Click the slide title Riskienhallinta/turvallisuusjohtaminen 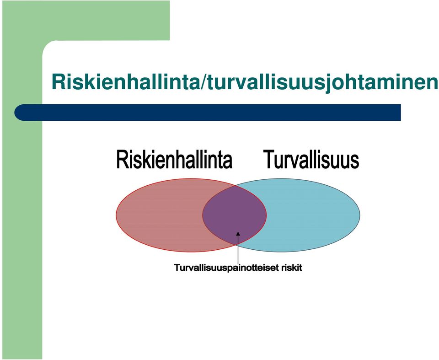pyautogui.click(x=245, y=82)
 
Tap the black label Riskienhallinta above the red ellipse pyautogui.click(x=174, y=160)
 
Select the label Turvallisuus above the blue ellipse pyautogui.click(x=311, y=159)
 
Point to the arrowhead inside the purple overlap pyautogui.click(x=238, y=234)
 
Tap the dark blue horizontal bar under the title pyautogui.click(x=208, y=113)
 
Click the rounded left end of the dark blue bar pyautogui.click(x=18, y=113)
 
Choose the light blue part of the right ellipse pyautogui.click(x=314, y=215)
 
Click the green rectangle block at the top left pyautogui.click(x=86, y=20)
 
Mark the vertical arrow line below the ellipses pyautogui.click(x=238, y=247)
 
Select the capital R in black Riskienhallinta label pyautogui.click(x=122, y=160)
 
